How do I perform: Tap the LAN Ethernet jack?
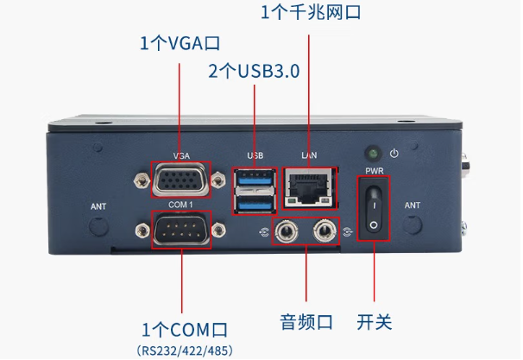tap(309, 186)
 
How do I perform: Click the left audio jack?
tap(286, 231)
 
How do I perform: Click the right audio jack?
tap(325, 231)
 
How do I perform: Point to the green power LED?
tap(374, 152)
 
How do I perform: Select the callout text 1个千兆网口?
tap(309, 13)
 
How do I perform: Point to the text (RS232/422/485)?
tap(184, 351)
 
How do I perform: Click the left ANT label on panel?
tap(99, 207)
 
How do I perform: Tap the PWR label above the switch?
tap(375, 171)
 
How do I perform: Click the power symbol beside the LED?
tap(394, 154)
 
